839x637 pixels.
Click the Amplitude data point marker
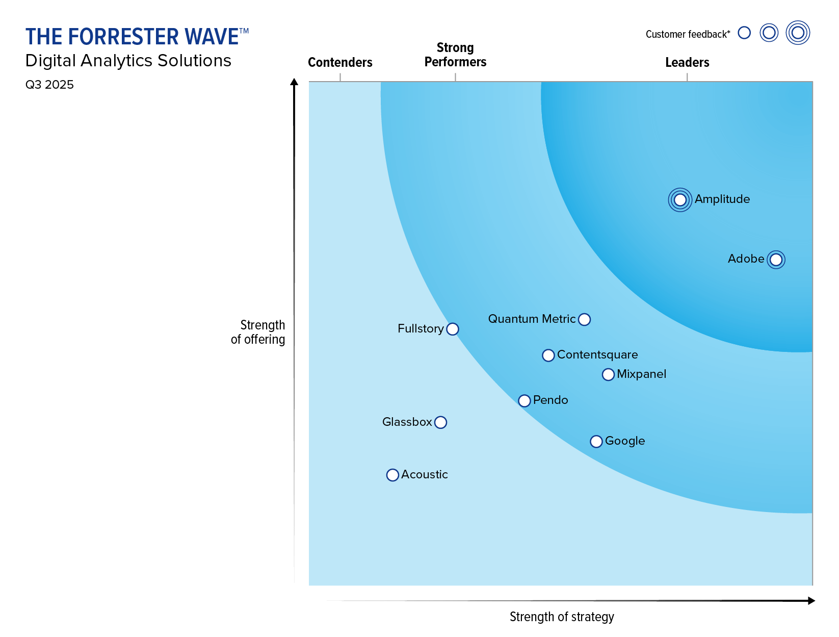tap(680, 200)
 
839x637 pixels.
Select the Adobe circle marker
tap(776, 260)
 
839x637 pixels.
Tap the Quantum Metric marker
tap(585, 319)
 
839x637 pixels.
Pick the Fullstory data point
tap(452, 329)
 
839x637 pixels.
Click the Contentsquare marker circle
tap(548, 355)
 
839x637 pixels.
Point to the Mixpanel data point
tap(608, 374)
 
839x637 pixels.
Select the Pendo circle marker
tap(524, 400)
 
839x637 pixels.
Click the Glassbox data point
tap(441, 422)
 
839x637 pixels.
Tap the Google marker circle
tap(596, 441)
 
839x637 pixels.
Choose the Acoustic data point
tap(392, 475)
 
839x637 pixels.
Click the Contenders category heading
tap(340, 62)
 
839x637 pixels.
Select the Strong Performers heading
tap(455, 55)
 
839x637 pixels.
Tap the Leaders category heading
tap(687, 62)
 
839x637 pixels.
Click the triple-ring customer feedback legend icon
tap(798, 33)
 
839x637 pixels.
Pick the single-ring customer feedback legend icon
tap(744, 33)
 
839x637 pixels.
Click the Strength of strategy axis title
tap(562, 617)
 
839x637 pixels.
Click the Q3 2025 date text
tap(49, 85)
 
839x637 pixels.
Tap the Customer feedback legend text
tap(688, 34)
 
